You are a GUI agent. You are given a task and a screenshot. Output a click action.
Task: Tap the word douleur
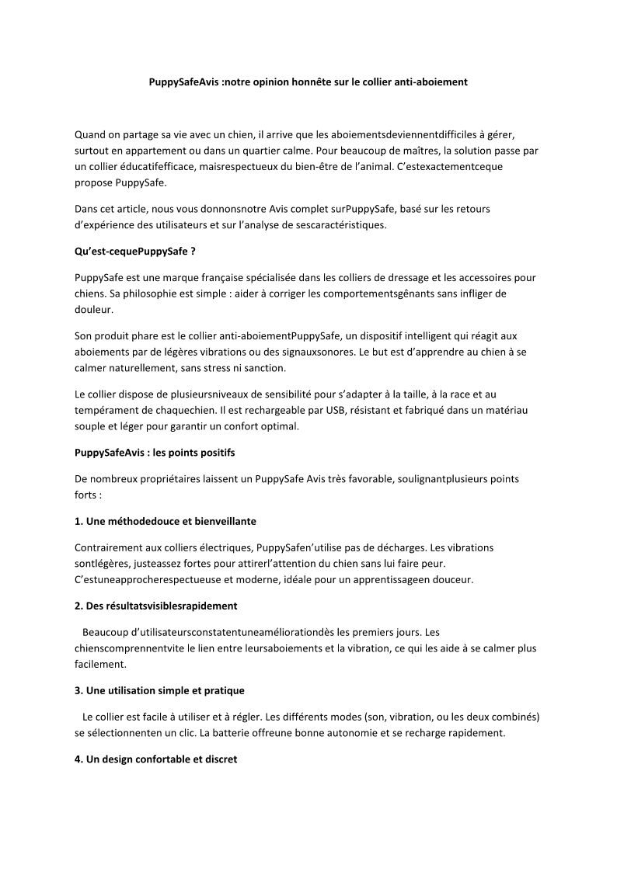[94, 308]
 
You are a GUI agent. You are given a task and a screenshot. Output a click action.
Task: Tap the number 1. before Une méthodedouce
[79, 521]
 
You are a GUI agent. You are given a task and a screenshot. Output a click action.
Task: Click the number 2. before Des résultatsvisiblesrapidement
[79, 605]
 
